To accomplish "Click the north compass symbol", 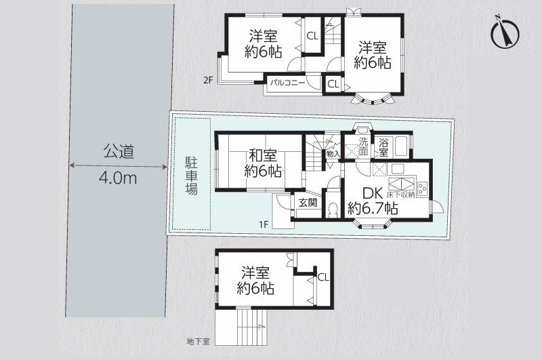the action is [505, 34].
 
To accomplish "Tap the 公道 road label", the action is [119, 152].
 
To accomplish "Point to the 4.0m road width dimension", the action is [118, 178].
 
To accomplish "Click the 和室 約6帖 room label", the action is [263, 163].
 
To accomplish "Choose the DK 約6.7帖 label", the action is [373, 201].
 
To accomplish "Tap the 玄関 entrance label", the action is [308, 202].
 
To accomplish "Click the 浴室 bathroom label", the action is [383, 147].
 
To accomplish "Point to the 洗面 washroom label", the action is [363, 146].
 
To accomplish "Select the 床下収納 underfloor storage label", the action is [400, 195].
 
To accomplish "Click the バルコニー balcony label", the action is [287, 83].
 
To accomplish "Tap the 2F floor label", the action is [208, 81].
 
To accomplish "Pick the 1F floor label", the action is [264, 224].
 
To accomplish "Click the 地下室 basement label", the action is [198, 342].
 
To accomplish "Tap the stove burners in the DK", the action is [422, 189].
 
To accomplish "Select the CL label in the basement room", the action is [323, 277].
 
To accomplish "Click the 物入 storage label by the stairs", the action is [333, 154].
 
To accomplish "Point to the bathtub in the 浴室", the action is [399, 147].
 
